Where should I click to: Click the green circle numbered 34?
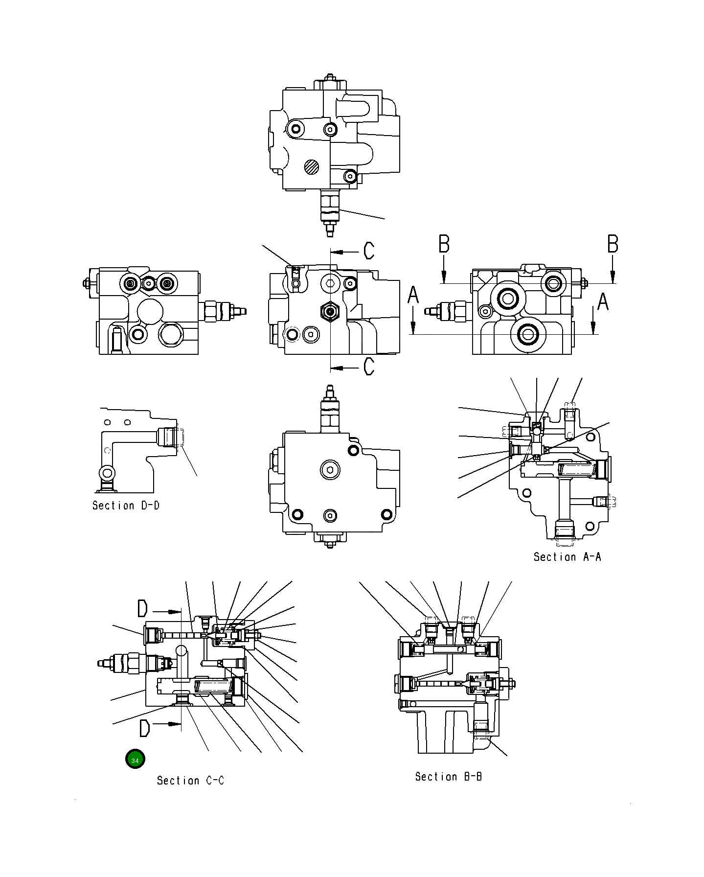point(135,760)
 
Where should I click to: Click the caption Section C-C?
point(190,781)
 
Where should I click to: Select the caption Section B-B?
point(448,777)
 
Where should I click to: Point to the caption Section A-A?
point(567,556)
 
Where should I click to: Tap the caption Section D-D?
point(126,506)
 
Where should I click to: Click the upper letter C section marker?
point(369,251)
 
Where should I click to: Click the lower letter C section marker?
point(369,366)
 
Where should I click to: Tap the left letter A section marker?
point(413,295)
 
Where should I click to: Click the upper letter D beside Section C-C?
point(142,609)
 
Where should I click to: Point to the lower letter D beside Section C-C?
point(144,728)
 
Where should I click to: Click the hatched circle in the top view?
point(311,167)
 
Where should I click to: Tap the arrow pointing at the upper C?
point(345,252)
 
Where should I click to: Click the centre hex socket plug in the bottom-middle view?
point(331,471)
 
